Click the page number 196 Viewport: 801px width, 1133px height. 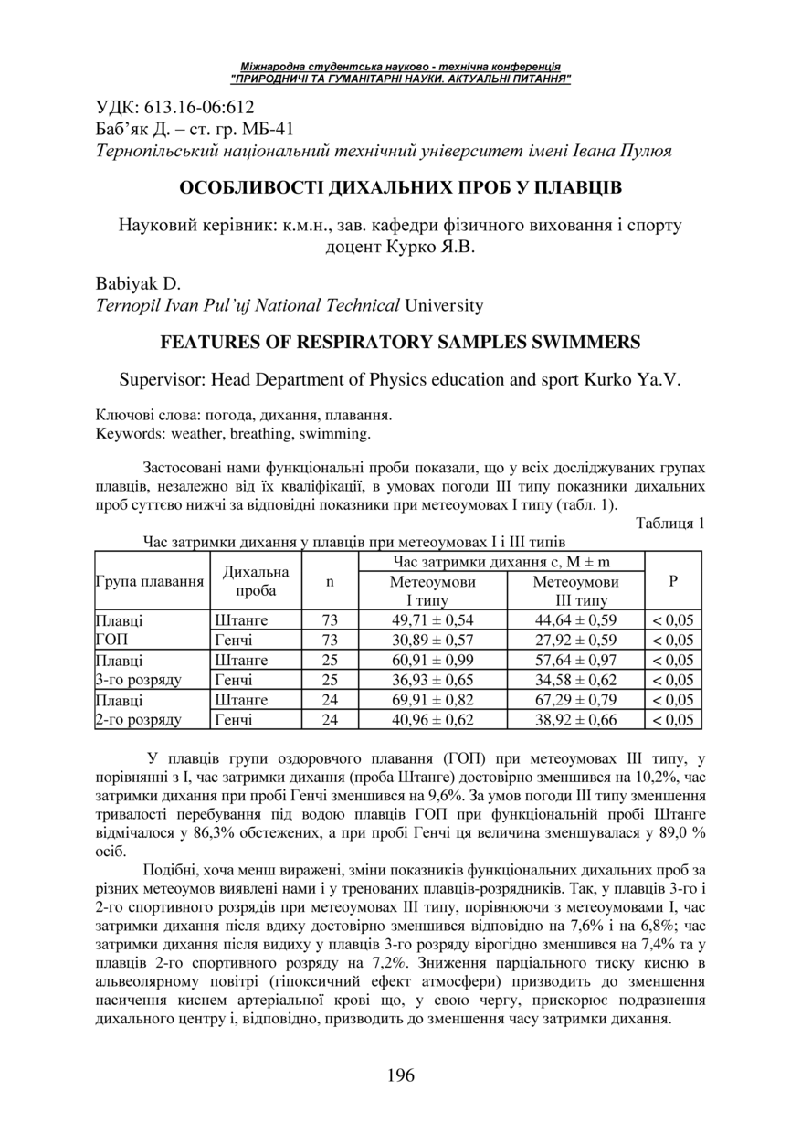[x=400, y=1075]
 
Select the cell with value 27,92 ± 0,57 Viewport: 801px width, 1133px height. [x=575, y=640]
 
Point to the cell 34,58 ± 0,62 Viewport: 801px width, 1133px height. [x=575, y=680]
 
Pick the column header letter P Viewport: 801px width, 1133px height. [x=673, y=581]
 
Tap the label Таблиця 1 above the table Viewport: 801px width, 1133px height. [x=669, y=524]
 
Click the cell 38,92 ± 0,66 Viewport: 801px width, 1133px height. [x=575, y=720]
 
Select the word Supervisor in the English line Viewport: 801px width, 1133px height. [x=163, y=379]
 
